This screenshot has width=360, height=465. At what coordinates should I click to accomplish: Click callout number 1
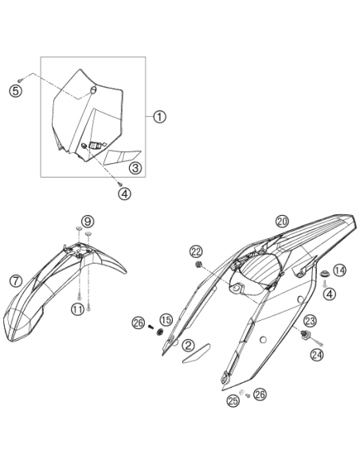(159, 117)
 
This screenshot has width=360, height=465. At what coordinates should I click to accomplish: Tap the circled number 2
(188, 345)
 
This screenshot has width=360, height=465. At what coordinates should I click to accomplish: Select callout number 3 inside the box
(135, 168)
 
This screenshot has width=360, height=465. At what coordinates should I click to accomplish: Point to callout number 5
(15, 91)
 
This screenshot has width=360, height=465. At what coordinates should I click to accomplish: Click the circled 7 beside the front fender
(16, 280)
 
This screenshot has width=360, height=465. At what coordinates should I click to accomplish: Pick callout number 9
(88, 221)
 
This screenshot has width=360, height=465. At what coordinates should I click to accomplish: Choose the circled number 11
(77, 310)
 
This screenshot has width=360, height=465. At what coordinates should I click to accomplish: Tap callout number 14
(339, 270)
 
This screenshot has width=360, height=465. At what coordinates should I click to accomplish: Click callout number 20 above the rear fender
(282, 221)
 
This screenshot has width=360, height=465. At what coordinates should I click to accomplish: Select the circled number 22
(196, 252)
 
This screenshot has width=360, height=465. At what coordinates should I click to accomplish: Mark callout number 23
(310, 321)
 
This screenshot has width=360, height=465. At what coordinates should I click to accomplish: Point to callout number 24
(317, 354)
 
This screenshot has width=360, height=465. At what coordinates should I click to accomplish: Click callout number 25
(233, 401)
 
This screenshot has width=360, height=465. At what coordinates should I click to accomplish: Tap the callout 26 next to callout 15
(139, 323)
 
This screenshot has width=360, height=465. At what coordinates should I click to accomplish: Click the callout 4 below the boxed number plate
(124, 194)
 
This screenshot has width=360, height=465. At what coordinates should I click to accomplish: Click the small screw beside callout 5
(20, 80)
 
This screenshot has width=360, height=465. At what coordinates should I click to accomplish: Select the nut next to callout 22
(198, 264)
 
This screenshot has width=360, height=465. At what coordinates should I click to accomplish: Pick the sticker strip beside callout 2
(196, 354)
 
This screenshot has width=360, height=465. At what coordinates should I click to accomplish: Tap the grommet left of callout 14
(325, 273)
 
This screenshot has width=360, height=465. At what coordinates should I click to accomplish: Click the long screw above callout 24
(316, 342)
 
